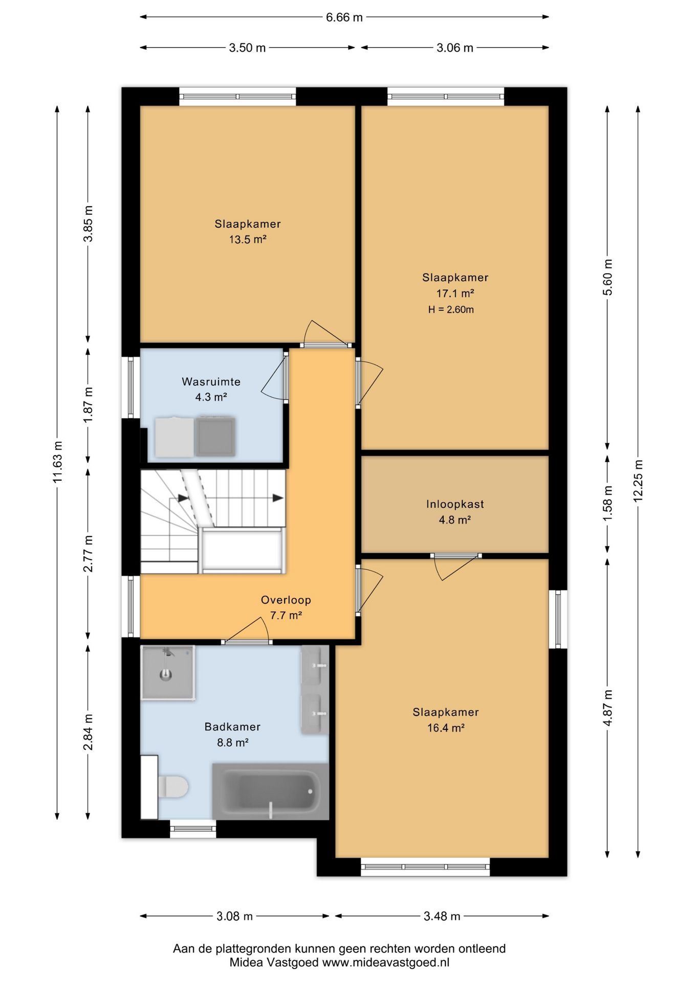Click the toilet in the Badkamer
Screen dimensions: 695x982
click(x=173, y=787)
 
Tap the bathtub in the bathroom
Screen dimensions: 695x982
click(x=270, y=791)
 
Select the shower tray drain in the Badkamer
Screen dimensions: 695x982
click(x=165, y=675)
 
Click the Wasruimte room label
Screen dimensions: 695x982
click(x=211, y=382)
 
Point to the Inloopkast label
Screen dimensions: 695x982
click(x=455, y=504)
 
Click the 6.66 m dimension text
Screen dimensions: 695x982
click(x=344, y=17)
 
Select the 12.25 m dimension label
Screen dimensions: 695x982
click(x=638, y=481)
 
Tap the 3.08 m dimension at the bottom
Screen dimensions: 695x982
click(x=234, y=916)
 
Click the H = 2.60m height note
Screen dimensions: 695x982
click(x=451, y=309)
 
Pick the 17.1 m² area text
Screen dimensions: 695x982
click(x=455, y=294)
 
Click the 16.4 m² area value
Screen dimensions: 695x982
click(x=446, y=728)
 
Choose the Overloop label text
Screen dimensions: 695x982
click(x=286, y=600)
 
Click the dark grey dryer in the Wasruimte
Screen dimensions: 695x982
click(x=215, y=437)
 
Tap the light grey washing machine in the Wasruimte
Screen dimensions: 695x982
click(x=175, y=437)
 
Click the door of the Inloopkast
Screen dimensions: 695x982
click(x=455, y=567)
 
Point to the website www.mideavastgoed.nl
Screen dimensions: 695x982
click(x=385, y=962)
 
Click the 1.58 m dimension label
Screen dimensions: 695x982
click(x=607, y=503)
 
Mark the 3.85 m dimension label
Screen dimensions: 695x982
click(x=88, y=224)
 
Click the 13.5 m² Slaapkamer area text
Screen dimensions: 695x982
click(x=248, y=239)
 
